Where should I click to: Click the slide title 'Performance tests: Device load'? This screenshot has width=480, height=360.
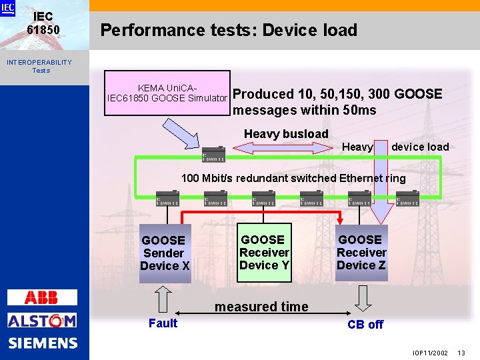click(x=229, y=30)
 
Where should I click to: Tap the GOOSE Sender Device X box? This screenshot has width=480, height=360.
click(x=165, y=253)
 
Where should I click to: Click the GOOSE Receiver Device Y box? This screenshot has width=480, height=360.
click(x=264, y=253)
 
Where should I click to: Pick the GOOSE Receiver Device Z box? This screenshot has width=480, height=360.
click(x=361, y=253)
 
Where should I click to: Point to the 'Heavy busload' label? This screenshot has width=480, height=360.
click(x=286, y=134)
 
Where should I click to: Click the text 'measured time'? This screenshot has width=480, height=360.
click(x=261, y=307)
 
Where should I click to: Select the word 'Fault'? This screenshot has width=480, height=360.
click(x=163, y=323)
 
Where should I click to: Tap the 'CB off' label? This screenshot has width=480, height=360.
click(x=365, y=325)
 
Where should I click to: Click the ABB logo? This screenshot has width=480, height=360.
click(x=42, y=297)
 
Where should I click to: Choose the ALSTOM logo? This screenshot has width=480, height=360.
click(x=42, y=321)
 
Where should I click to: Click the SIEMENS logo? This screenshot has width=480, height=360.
click(x=43, y=343)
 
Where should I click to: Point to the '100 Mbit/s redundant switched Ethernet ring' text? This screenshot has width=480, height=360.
click(x=293, y=178)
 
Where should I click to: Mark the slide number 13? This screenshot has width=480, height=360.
click(x=461, y=352)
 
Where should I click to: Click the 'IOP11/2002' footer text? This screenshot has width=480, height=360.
click(x=430, y=352)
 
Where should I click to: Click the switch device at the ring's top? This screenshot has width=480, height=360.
click(x=214, y=154)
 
